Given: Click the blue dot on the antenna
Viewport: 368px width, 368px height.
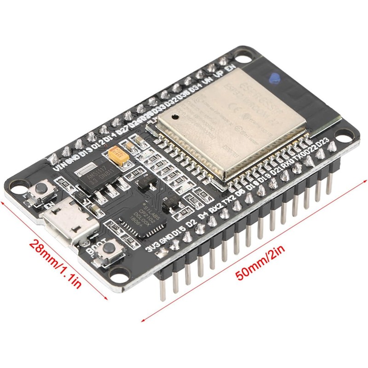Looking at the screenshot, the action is (275, 79).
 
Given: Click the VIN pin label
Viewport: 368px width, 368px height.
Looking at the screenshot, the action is (59, 165).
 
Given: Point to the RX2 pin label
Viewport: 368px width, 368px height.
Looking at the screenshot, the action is (216, 207).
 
